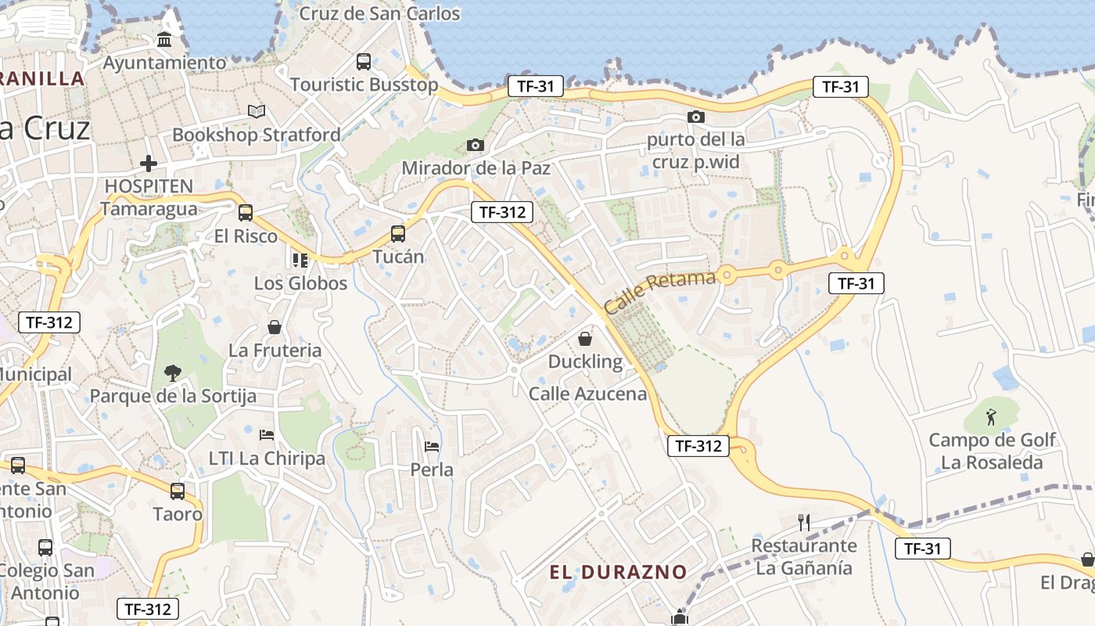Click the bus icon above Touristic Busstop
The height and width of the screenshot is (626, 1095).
pos(364,61)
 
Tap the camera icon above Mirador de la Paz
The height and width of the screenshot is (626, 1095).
pos(475,145)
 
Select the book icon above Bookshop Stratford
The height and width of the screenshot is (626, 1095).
pos(257,112)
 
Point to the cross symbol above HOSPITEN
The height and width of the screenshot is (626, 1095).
pos(149,164)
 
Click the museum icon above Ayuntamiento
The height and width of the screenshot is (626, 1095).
pos(165,40)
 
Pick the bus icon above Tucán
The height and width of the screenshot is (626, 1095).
pos(398,233)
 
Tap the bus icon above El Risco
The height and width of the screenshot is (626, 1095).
pos(246,212)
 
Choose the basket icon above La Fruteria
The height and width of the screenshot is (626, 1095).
pos(275,326)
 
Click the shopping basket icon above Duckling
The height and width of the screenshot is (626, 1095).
pos(584,338)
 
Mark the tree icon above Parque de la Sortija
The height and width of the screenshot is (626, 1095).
pos(173,372)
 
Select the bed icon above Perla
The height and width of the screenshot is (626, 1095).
pos(432,446)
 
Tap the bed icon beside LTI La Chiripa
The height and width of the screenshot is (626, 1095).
pos(267,434)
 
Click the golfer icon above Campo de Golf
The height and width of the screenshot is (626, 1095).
pos(992,416)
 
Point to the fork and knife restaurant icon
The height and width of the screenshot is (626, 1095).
pos(803,522)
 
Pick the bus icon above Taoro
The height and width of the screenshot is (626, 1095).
pos(178,491)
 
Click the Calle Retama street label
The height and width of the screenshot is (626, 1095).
pos(661,291)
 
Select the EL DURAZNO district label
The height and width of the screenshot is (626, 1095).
pos(618,572)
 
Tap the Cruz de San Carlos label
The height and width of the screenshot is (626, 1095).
pos(380,13)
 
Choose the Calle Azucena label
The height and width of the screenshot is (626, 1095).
pos(588,394)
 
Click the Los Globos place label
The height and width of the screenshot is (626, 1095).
pos(300,283)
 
